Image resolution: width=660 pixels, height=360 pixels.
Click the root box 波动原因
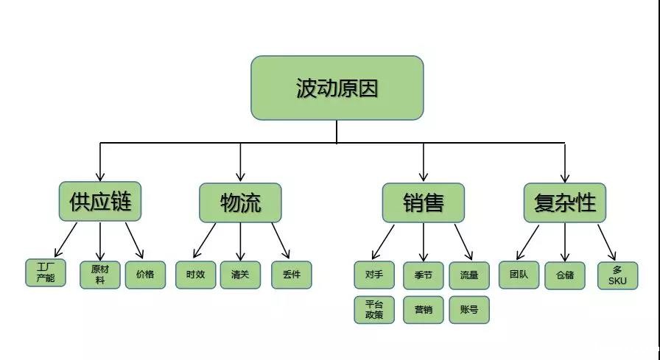pyautogui.click(x=337, y=88)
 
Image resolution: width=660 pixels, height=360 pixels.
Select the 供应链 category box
pyautogui.click(x=99, y=202)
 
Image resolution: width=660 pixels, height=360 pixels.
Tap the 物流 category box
pyautogui.click(x=240, y=202)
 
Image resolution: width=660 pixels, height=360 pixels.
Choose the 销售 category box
pyautogui.click(x=423, y=202)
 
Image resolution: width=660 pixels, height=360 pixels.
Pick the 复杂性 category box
pyautogui.click(x=564, y=202)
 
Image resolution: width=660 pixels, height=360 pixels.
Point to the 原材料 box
pyautogui.click(x=99, y=275)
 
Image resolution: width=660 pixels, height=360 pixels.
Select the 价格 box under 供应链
pyautogui.click(x=145, y=275)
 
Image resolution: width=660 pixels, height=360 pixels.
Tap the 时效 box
pyautogui.click(x=195, y=275)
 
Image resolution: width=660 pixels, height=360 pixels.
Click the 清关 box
pyautogui.click(x=240, y=275)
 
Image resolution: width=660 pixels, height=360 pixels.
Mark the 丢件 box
pyautogui.click(x=291, y=275)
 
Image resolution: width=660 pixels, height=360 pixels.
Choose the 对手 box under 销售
pyautogui.click(x=374, y=275)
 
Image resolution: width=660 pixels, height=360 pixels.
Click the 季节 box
pyautogui.click(x=423, y=275)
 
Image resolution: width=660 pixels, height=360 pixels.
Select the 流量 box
pyautogui.click(x=469, y=275)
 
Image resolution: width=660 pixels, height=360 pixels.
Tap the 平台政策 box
pyautogui.click(x=374, y=310)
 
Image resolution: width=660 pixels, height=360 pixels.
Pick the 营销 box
pyautogui.click(x=423, y=310)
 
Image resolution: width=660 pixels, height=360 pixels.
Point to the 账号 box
pyautogui.click(x=469, y=310)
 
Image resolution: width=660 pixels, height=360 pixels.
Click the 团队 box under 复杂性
pyautogui.click(x=519, y=275)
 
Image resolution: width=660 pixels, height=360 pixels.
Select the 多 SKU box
pyautogui.click(x=617, y=275)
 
